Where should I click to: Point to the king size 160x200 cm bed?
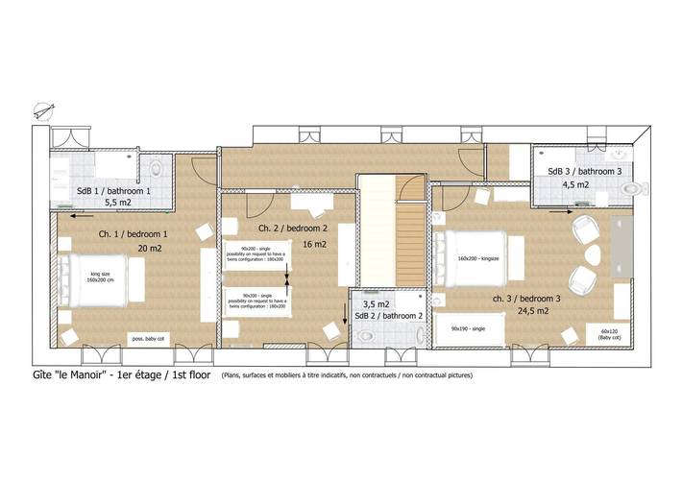tap(102, 279)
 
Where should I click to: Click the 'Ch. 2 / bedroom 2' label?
tap(293, 229)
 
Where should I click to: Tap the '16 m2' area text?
tap(314, 245)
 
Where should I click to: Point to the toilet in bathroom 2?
tap(369, 335)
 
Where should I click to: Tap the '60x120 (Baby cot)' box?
tap(609, 334)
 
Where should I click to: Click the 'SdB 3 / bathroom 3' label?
tap(585, 171)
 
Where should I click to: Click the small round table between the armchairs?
tap(593, 256)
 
